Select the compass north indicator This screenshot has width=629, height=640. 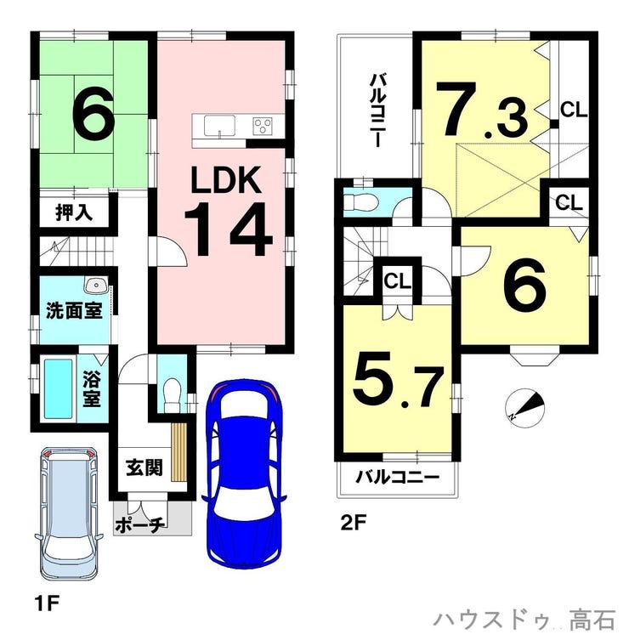[x=525, y=408]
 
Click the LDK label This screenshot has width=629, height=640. [x=226, y=180]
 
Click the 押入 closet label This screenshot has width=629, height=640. [x=74, y=212]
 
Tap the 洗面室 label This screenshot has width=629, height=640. [x=74, y=310]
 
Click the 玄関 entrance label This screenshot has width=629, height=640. [x=144, y=467]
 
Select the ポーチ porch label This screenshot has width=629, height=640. [x=140, y=524]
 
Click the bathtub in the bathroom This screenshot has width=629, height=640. [x=58, y=388]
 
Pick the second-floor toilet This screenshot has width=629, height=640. [x=360, y=202]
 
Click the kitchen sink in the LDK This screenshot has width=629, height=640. [x=219, y=126]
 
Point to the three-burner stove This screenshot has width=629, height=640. [x=263, y=125]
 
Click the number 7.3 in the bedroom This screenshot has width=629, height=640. [x=482, y=109]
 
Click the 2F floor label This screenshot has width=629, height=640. [x=354, y=523]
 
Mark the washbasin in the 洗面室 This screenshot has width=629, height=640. [x=96, y=285]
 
